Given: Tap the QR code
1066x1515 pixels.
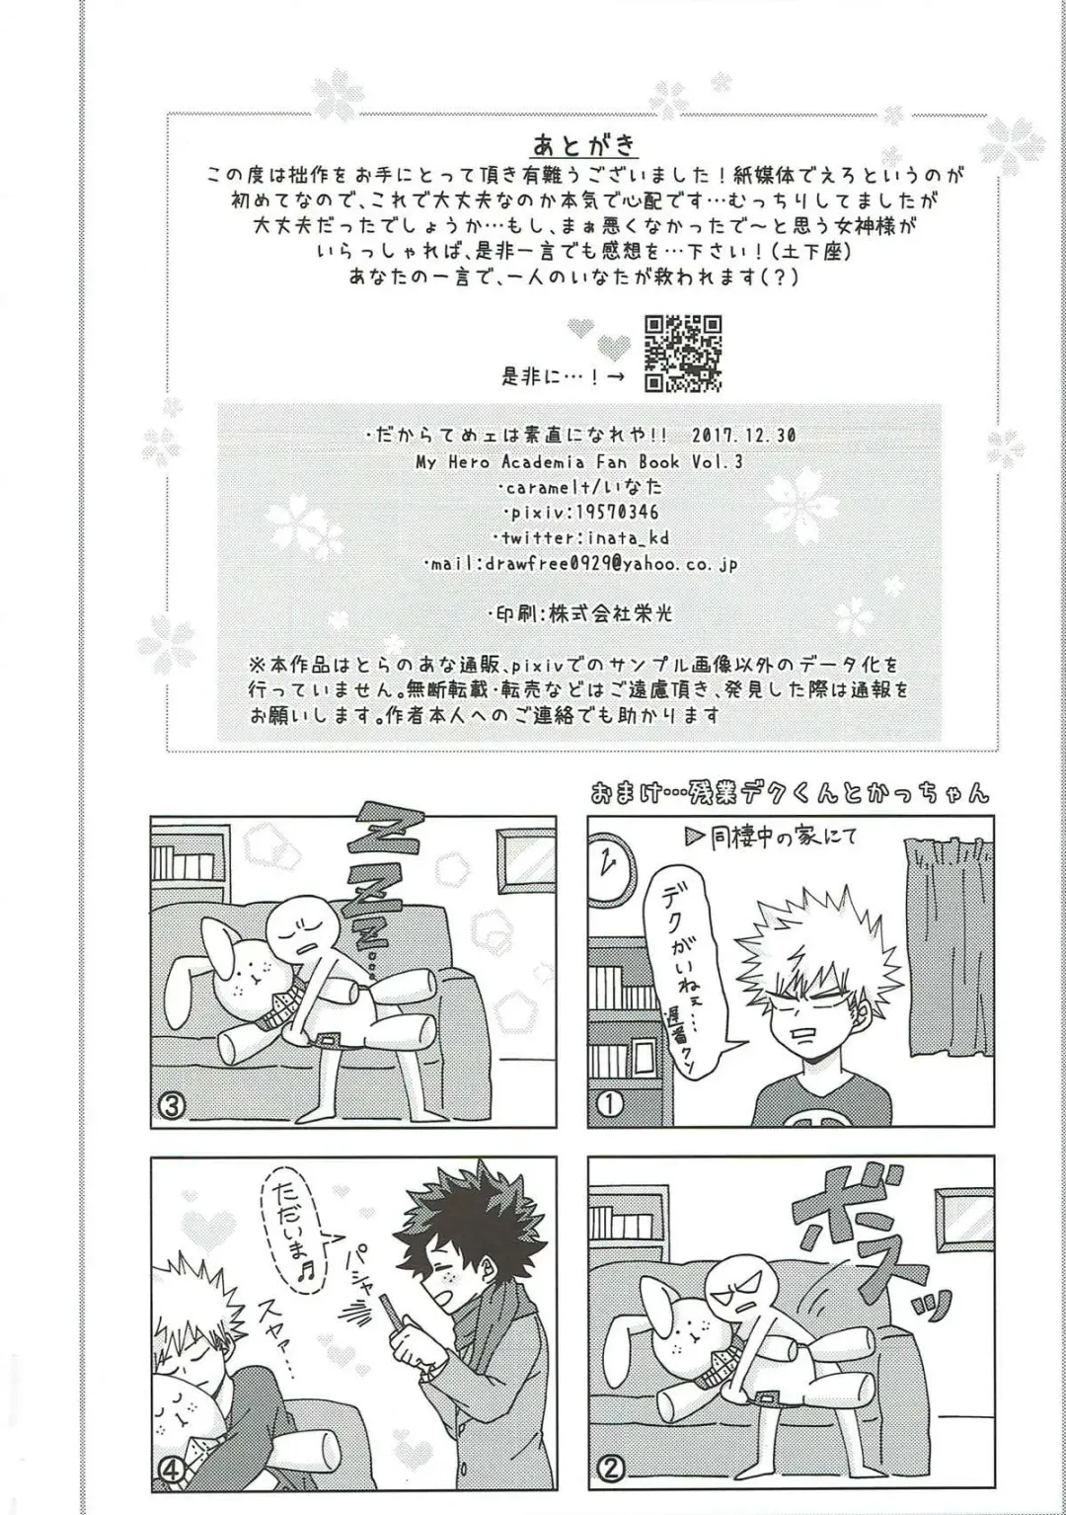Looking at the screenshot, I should click(683, 354).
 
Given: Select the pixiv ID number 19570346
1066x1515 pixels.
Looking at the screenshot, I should click(613, 512).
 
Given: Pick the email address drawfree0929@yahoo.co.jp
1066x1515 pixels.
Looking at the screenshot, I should click(611, 564).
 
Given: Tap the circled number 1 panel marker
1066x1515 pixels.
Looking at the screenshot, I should click(611, 1103).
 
